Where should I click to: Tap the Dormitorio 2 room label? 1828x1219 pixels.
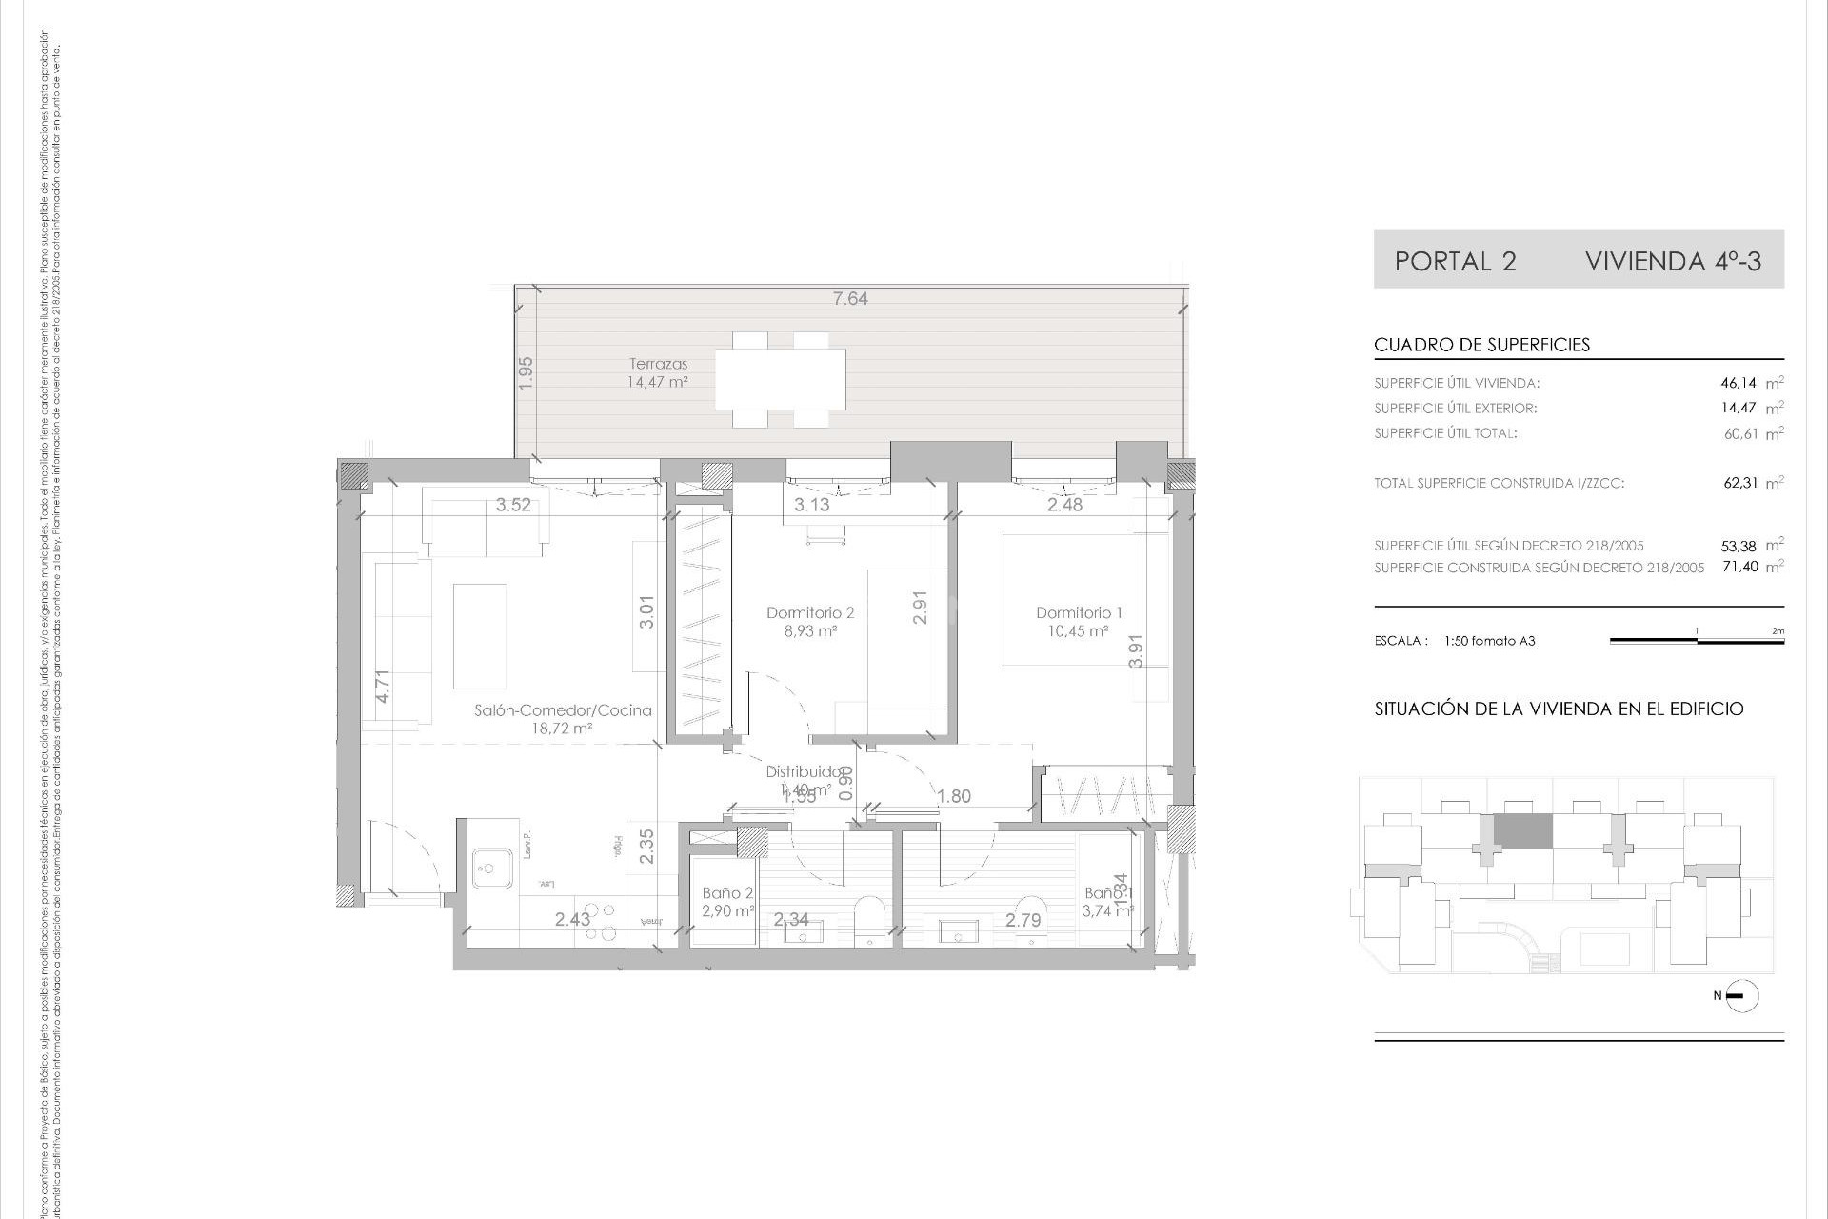810,612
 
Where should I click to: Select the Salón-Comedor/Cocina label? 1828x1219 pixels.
563,710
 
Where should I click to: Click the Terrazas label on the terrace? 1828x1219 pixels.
658,364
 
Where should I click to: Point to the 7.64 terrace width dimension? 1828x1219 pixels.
850,298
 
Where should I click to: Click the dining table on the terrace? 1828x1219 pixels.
780,379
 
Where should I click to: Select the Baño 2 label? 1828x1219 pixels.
727,893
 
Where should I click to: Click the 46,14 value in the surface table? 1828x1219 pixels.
1738,383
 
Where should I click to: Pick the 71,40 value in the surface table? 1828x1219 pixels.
1739,567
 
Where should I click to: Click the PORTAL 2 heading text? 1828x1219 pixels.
1455,261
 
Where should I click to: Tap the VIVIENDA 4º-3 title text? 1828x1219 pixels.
1673,261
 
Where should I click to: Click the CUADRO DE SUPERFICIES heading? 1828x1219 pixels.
1481,345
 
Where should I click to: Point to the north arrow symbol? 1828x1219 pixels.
1741,997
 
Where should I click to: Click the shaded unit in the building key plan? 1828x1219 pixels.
1522,831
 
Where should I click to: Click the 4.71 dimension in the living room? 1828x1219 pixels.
383,687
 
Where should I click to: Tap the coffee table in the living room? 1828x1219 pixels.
480,635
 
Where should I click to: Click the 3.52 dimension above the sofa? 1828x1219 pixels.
513,505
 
